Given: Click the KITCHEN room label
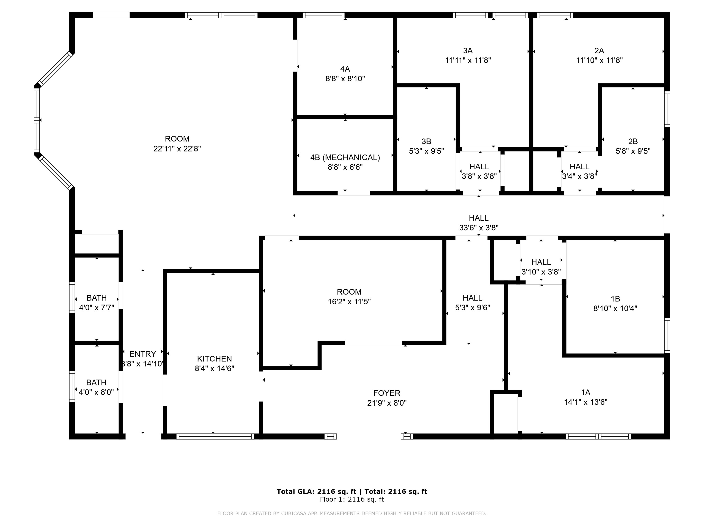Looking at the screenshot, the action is click(214, 359).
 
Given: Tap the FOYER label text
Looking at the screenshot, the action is click(387, 393).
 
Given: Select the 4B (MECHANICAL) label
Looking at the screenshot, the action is click(345, 157).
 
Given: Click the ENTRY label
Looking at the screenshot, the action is click(143, 354).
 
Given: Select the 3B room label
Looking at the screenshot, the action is click(426, 141).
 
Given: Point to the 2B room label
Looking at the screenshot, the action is click(633, 141).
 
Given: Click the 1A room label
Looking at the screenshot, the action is click(586, 392).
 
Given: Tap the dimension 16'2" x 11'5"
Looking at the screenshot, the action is click(349, 301).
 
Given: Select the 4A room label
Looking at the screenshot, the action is click(345, 69).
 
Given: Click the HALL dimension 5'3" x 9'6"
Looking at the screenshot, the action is click(472, 308).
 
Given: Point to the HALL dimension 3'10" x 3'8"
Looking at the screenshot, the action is click(541, 272).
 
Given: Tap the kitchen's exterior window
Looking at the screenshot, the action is click(215, 436).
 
